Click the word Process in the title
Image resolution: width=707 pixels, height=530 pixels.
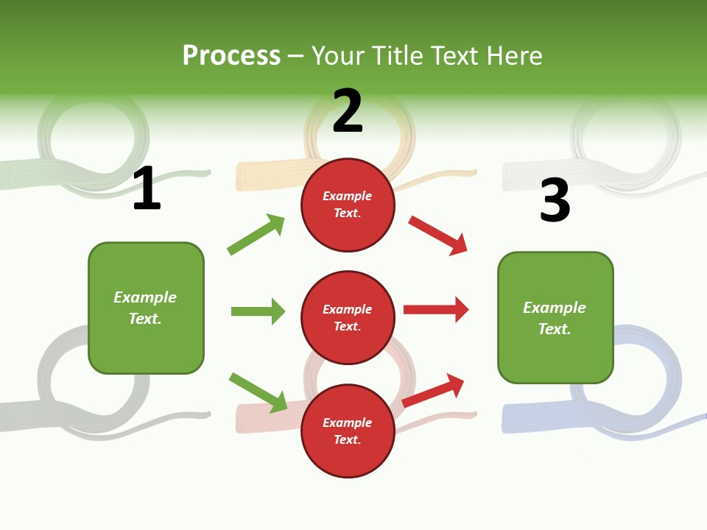231,56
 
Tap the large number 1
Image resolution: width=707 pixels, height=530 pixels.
147,189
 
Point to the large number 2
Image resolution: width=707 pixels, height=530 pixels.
348,111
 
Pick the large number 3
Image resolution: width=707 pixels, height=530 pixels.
555,201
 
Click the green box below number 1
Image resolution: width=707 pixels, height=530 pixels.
146,308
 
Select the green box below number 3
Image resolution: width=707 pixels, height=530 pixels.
555,318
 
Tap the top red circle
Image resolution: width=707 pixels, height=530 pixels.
348,205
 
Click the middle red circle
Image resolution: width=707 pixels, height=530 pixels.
348,318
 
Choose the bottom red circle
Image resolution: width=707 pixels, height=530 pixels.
348,431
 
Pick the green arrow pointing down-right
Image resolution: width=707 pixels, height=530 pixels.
258,392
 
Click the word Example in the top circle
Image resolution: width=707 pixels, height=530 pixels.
348,197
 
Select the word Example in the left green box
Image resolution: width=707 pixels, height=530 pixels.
145,297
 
